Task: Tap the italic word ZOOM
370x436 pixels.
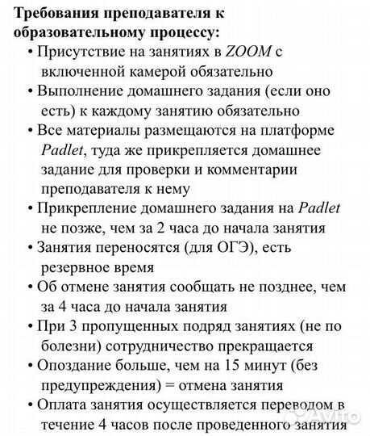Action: (248, 52)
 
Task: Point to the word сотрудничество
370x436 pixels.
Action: (164, 345)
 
